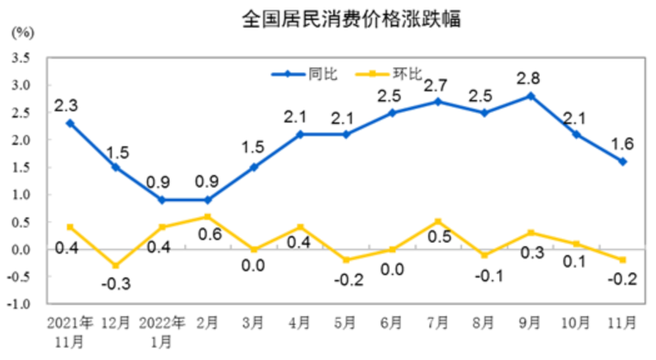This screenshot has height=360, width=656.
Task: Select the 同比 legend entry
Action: [320, 74]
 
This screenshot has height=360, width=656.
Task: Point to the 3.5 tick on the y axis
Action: [21, 59]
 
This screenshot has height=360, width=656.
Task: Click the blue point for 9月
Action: [530, 96]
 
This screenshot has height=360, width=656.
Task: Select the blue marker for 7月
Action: [437, 102]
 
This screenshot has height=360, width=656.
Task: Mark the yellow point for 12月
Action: [115, 265]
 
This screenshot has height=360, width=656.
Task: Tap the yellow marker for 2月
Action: [207, 216]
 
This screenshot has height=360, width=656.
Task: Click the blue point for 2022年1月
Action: [162, 200]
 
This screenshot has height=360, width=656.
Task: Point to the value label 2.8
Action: [529, 78]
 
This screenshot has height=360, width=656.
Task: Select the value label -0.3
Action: [117, 283]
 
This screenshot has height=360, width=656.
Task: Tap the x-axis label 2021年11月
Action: [70, 332]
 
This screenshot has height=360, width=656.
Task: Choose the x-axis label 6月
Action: [390, 324]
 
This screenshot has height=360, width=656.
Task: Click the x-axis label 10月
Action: [576, 324]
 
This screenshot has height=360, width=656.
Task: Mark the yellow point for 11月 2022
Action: [622, 260]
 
